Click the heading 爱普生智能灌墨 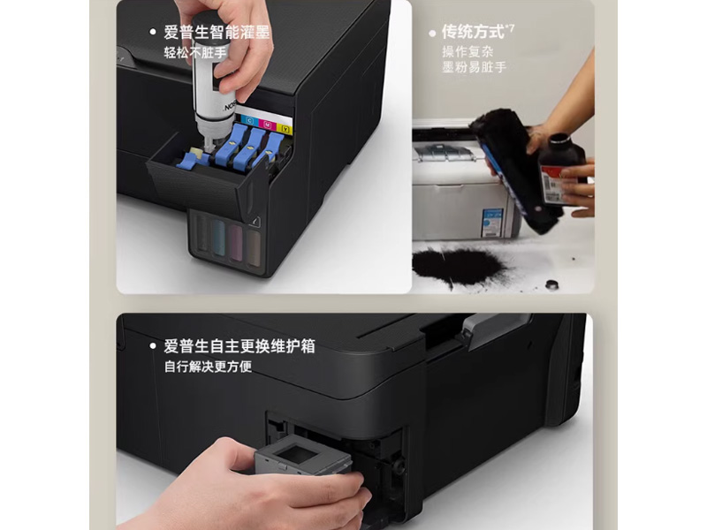(217, 33)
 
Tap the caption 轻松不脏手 (194, 53)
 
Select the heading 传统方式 (473, 32)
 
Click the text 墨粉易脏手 (474, 68)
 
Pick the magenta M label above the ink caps (266, 124)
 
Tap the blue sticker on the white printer (491, 222)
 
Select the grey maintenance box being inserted (304, 460)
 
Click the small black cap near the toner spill (554, 284)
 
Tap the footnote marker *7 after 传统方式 (510, 28)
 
